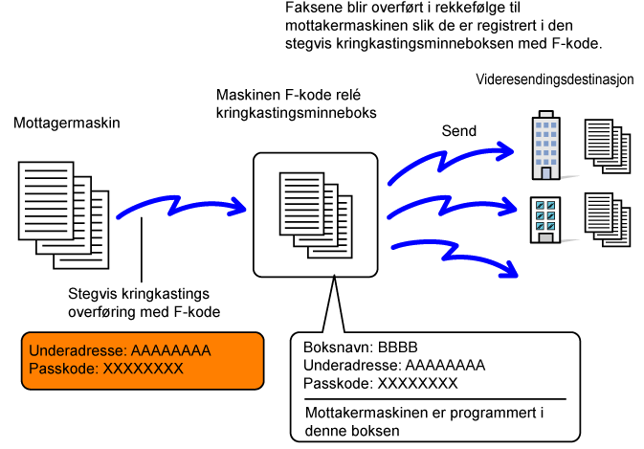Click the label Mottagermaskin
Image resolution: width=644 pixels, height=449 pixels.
click(x=67, y=123)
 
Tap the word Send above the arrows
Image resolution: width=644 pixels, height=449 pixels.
click(x=458, y=131)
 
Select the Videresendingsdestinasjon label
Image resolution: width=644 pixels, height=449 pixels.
click(x=554, y=79)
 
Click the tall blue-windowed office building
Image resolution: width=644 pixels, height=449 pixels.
click(x=546, y=145)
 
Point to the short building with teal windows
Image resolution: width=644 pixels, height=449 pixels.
click(x=545, y=220)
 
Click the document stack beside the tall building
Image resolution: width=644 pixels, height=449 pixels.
click(x=608, y=146)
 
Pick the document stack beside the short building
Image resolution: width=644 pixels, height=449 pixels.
click(x=608, y=219)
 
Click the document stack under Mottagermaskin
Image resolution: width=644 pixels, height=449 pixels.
click(x=64, y=215)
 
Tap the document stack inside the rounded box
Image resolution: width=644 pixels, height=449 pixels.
click(x=316, y=215)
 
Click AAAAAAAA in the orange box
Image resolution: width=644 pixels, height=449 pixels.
click(x=171, y=350)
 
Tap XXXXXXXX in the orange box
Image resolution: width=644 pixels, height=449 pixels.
click(x=143, y=369)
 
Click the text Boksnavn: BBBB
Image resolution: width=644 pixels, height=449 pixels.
click(x=360, y=348)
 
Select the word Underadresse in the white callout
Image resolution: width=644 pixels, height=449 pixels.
click(x=352, y=365)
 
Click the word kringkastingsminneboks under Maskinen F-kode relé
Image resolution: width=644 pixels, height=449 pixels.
click(x=296, y=113)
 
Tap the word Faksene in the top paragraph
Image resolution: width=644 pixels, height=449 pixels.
click(x=313, y=8)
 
